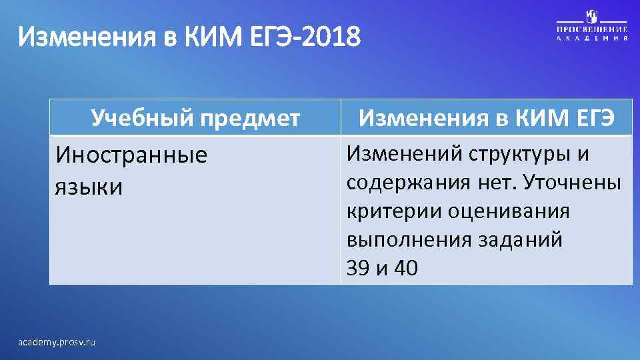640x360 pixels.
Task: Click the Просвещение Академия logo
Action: click(x=592, y=27)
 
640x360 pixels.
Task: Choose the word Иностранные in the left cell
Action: click(x=131, y=155)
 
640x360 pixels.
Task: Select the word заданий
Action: click(x=521, y=240)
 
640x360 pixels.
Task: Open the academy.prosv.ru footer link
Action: click(x=57, y=341)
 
